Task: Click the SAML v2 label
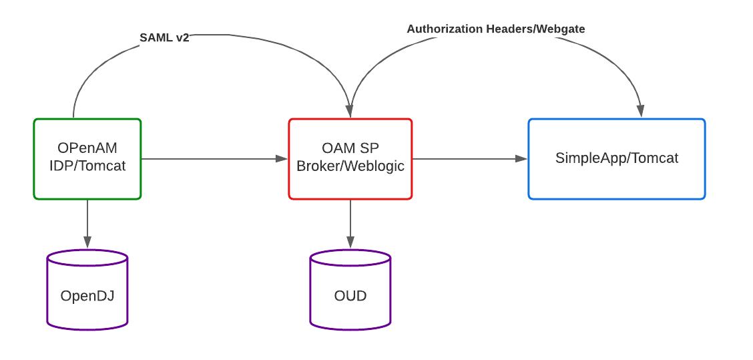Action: [x=164, y=37]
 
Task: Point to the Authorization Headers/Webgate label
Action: [x=495, y=29]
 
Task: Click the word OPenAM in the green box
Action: [x=87, y=148]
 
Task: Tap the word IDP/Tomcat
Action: [x=87, y=166]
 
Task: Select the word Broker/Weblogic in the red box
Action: [x=350, y=166]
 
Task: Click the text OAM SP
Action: [x=350, y=148]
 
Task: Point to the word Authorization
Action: [x=445, y=29]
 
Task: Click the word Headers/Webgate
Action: [x=535, y=29]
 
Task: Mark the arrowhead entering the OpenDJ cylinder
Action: [x=87, y=242]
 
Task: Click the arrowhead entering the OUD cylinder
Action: [x=350, y=242]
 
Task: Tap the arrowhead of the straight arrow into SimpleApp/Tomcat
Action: [x=521, y=158]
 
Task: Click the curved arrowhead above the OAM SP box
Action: [x=350, y=112]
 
